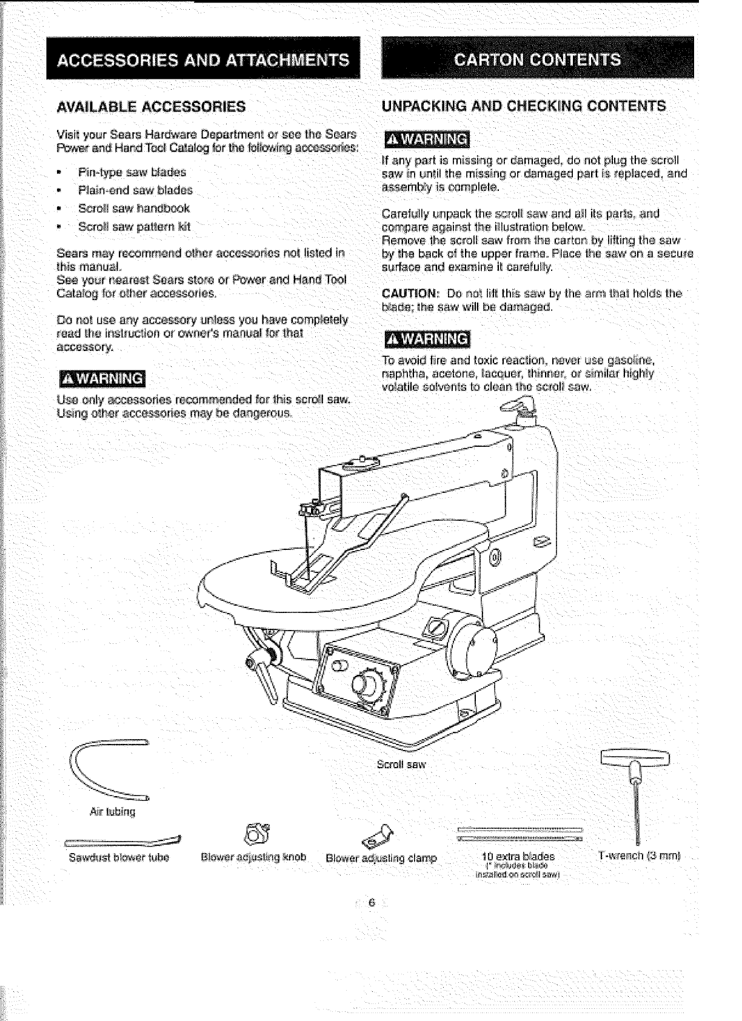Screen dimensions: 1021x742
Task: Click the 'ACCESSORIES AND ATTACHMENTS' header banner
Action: [204, 59]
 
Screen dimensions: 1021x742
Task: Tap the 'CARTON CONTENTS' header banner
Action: [538, 59]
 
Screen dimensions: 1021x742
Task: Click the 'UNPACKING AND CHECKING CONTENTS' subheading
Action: [524, 106]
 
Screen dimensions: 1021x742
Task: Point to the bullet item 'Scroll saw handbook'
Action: [134, 208]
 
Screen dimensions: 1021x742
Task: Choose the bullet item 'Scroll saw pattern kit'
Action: [135, 226]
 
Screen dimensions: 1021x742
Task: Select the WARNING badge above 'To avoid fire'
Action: [427, 338]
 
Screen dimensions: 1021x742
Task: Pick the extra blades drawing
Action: [520, 834]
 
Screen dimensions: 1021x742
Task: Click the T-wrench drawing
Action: [635, 788]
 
